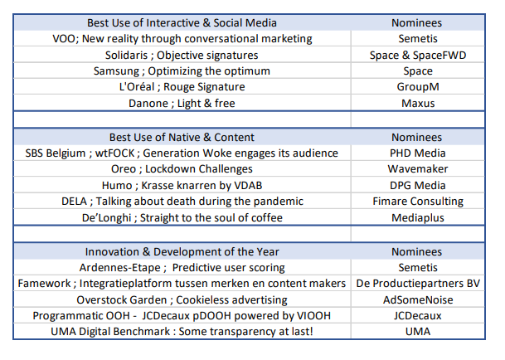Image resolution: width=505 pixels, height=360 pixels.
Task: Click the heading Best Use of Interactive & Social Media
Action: (182, 23)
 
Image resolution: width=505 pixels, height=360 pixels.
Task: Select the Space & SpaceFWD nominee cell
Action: (418, 55)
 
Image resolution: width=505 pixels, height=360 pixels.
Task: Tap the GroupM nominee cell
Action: (418, 87)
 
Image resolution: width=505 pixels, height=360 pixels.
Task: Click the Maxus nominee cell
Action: (418, 103)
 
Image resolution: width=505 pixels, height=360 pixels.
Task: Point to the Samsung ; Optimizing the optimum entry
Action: (182, 71)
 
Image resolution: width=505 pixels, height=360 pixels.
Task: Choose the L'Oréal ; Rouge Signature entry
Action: (182, 87)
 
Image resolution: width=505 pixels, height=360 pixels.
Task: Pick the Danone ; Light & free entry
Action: (182, 103)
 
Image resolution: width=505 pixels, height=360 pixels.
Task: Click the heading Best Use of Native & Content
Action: (182, 138)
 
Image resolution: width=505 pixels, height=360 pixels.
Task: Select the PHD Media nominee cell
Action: (418, 153)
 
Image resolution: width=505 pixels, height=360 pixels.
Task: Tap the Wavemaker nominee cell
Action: (418, 169)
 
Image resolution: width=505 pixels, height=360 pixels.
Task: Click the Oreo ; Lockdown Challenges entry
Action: (182, 169)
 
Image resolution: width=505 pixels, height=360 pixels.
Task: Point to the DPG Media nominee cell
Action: (418, 185)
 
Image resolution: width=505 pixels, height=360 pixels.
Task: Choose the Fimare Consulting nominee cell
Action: (418, 201)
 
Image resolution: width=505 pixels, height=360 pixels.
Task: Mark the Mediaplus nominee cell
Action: (418, 217)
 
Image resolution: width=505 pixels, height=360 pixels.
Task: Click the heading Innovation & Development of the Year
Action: (182, 251)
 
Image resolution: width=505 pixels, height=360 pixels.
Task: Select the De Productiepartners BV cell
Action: (418, 284)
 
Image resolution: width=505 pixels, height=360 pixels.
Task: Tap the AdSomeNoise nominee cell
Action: (418, 299)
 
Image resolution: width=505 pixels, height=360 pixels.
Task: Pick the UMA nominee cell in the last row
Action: (418, 331)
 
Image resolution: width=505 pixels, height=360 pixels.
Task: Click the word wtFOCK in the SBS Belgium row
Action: (114, 153)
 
